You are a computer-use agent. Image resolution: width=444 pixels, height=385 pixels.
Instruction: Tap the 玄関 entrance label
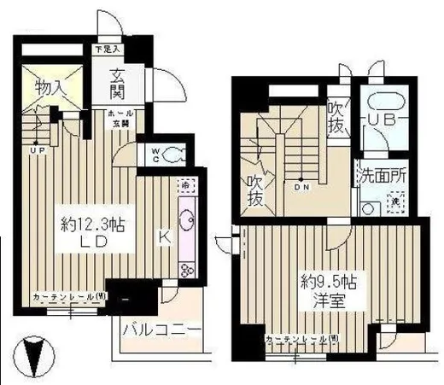pyautogui.click(x=119, y=82)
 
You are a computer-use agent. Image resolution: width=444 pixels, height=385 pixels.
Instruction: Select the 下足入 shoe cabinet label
pyautogui.click(x=106, y=50)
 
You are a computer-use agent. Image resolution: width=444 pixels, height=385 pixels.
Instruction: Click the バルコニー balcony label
pyautogui.click(x=161, y=330)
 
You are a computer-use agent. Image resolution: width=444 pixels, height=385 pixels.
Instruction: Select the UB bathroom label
pyautogui.click(x=383, y=120)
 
